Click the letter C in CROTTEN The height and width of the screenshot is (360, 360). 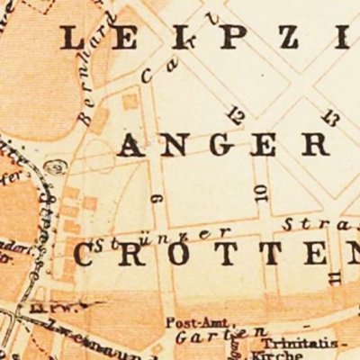tap(84, 256)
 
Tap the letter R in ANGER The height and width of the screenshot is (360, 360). tap(339, 144)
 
